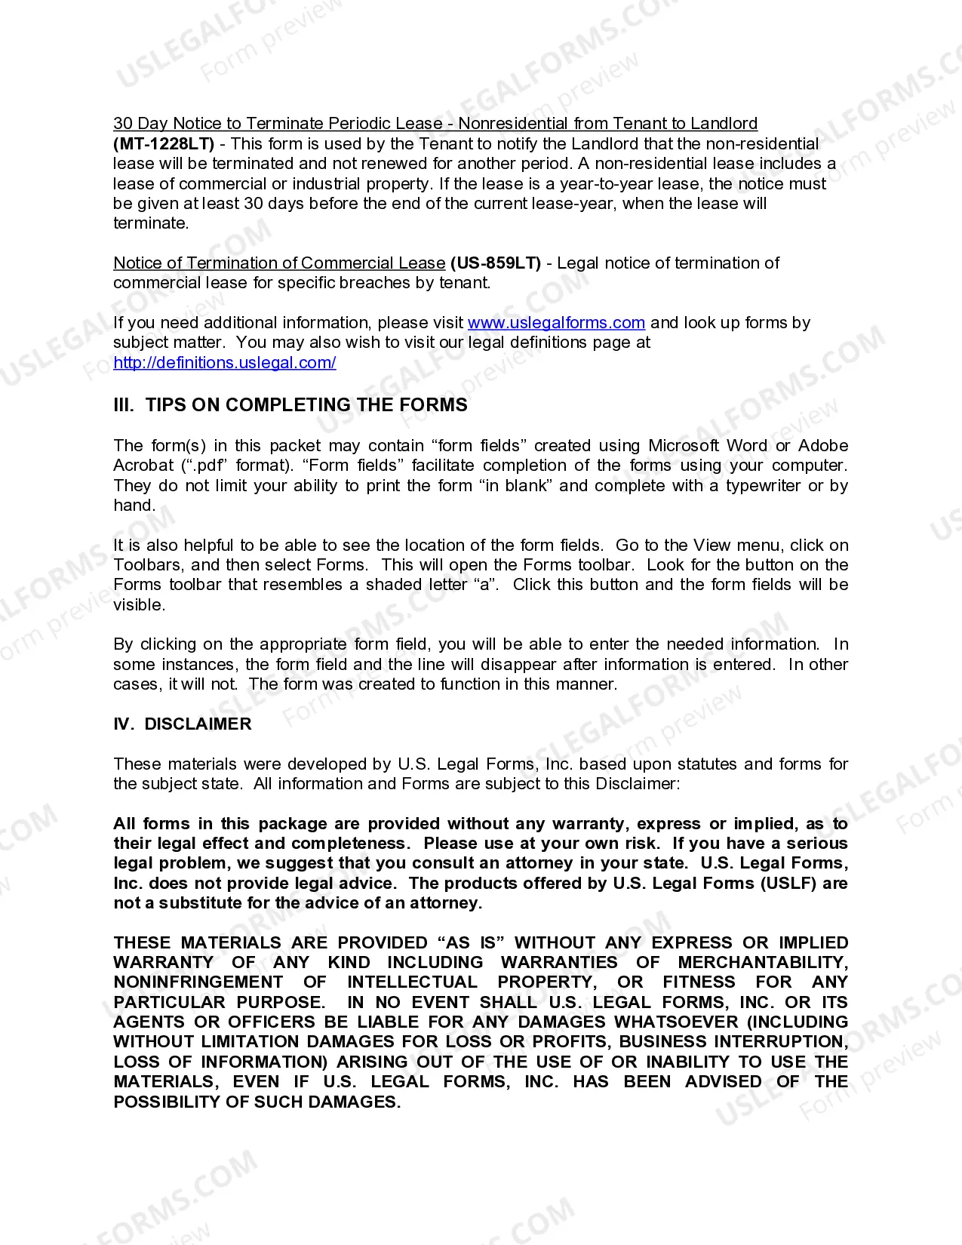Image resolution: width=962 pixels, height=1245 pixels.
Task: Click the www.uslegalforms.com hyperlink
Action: [556, 323]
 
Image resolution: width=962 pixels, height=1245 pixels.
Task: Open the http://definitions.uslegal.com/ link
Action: [225, 362]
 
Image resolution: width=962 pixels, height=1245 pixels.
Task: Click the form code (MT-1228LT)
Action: [164, 143]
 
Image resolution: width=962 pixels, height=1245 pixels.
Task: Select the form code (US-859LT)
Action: [496, 263]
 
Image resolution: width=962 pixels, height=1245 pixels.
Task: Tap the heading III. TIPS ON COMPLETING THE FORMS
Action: [290, 405]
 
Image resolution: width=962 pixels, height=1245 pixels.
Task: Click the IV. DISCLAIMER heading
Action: [183, 724]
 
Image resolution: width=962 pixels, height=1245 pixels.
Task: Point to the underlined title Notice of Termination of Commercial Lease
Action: [279, 263]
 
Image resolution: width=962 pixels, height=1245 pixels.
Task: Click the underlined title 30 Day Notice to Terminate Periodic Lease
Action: [278, 124]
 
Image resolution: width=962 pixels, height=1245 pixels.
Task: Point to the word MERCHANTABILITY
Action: [762, 963]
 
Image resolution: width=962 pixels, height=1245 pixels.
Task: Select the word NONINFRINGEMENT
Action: [198, 982]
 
